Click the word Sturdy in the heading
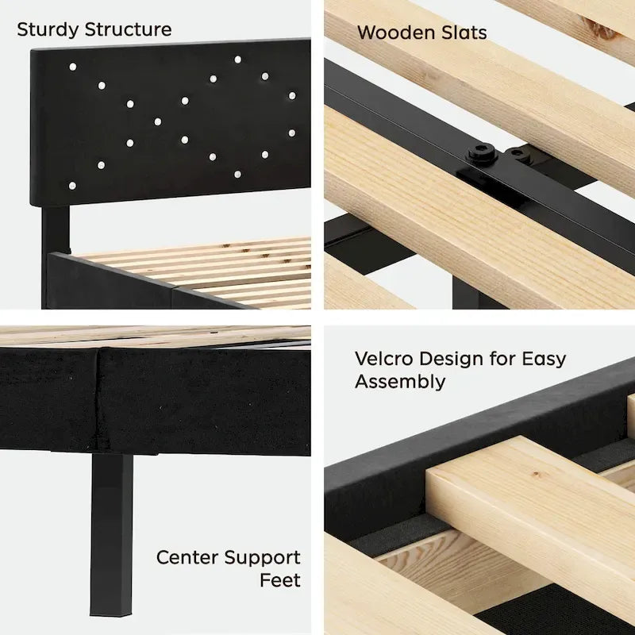click(x=48, y=30)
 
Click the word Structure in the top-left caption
click(x=128, y=29)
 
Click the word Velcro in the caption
click(x=383, y=359)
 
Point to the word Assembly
click(x=400, y=383)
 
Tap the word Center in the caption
click(x=188, y=557)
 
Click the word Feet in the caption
click(x=280, y=580)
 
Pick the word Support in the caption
click(x=263, y=559)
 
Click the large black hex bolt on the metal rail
click(x=481, y=152)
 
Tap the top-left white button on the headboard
click(x=73, y=67)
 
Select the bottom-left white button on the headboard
click(x=72, y=186)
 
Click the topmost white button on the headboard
click(x=237, y=60)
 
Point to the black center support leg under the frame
click(x=111, y=534)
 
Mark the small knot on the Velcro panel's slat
click(x=537, y=473)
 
